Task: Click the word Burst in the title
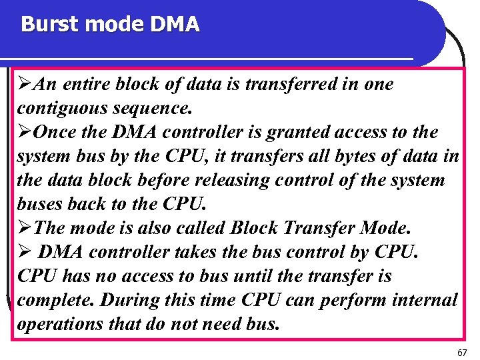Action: [46, 25]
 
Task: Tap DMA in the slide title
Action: [175, 25]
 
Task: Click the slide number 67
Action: [462, 351]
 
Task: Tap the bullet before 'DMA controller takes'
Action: [24, 253]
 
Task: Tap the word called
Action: [199, 229]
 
